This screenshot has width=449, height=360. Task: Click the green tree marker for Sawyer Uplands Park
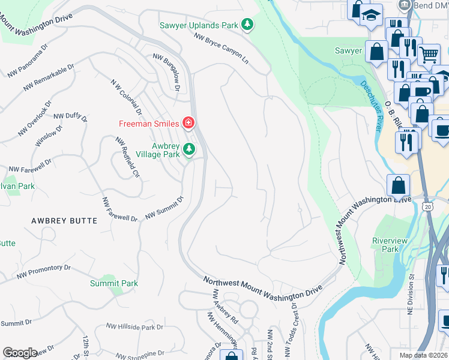pyautogui.click(x=247, y=25)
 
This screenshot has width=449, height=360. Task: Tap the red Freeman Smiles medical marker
pyautogui.click(x=188, y=123)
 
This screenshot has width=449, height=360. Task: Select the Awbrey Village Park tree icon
pyautogui.click(x=189, y=148)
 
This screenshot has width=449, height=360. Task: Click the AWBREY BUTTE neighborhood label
pyautogui.click(x=64, y=221)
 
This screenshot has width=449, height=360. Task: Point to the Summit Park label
pyautogui.click(x=114, y=283)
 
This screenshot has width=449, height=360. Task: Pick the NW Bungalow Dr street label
pyautogui.click(x=166, y=71)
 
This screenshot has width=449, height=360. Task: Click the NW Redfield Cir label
pyautogui.click(x=127, y=157)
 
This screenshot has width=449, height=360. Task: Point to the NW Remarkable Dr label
pyautogui.click(x=49, y=77)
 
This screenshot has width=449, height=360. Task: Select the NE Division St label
pyautogui.click(x=411, y=295)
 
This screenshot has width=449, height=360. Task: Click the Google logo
pyautogui.click(x=20, y=353)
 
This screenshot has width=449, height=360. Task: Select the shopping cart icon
pyautogui.click(x=429, y=55)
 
